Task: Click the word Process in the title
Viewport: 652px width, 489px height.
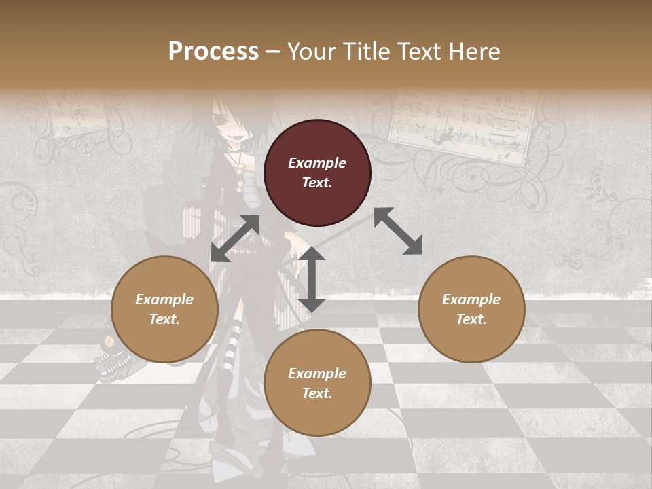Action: pos(213,51)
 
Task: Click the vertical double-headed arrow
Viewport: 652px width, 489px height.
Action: pos(312,279)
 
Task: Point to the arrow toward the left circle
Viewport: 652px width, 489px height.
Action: pos(235,238)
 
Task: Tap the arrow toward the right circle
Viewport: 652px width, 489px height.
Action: pos(399,231)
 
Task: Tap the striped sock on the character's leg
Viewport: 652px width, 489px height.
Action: pos(236,333)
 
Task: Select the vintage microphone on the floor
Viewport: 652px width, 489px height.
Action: pos(108,361)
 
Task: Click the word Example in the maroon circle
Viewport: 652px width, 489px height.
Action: pos(317,163)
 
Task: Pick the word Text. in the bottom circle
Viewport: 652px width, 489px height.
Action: pos(317,393)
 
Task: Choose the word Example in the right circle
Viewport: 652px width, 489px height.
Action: pos(471,300)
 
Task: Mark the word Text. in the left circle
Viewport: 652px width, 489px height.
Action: pos(164,319)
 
